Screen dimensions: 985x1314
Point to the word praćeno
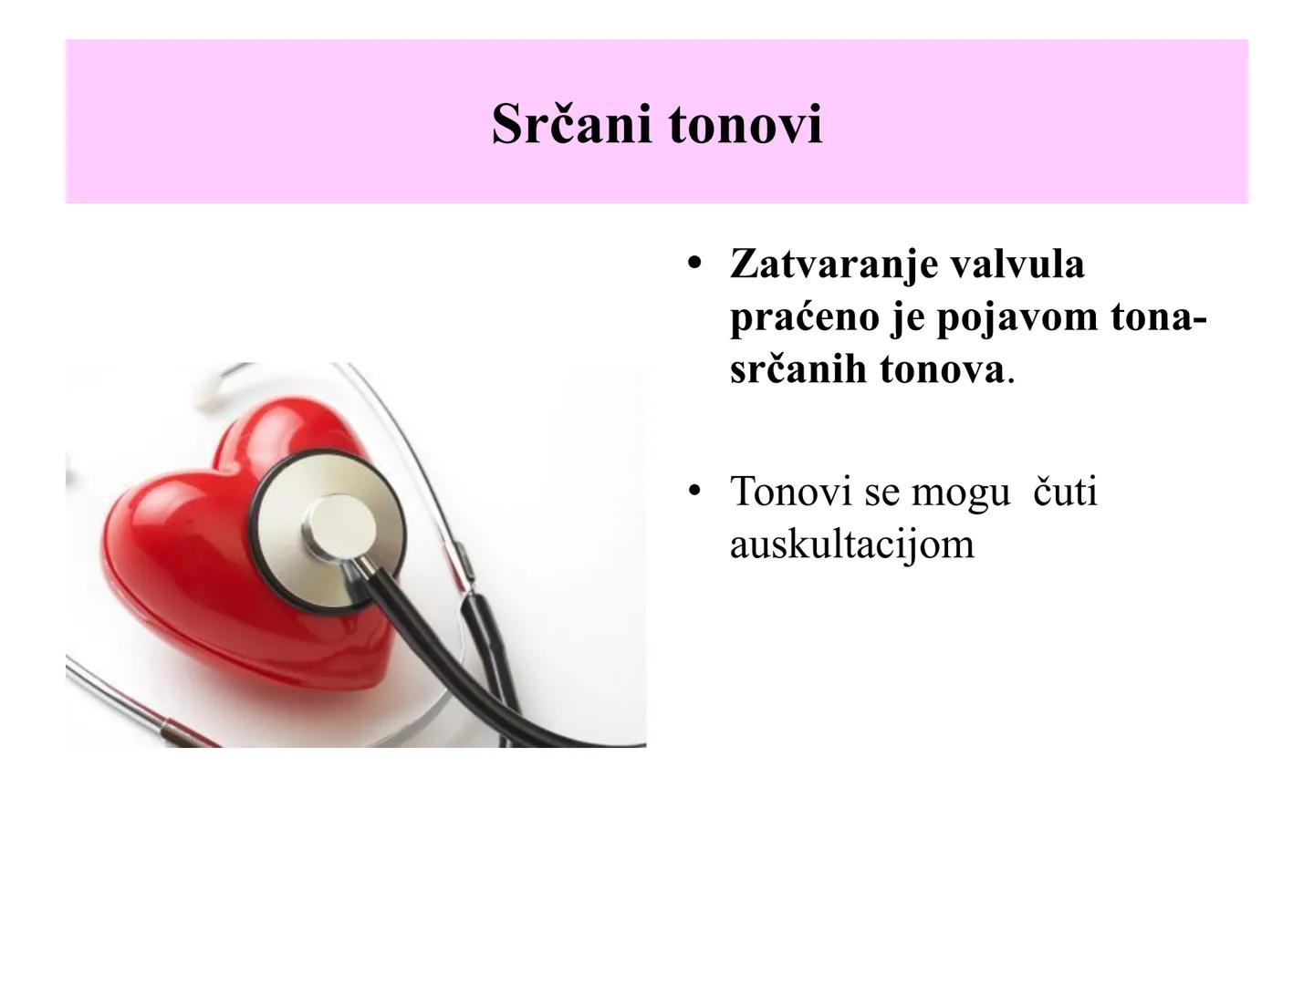click(803, 317)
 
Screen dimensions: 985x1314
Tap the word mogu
click(961, 493)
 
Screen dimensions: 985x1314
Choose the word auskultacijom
click(851, 544)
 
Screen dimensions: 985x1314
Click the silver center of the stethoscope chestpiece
click(339, 527)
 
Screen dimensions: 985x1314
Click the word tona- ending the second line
click(1158, 317)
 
